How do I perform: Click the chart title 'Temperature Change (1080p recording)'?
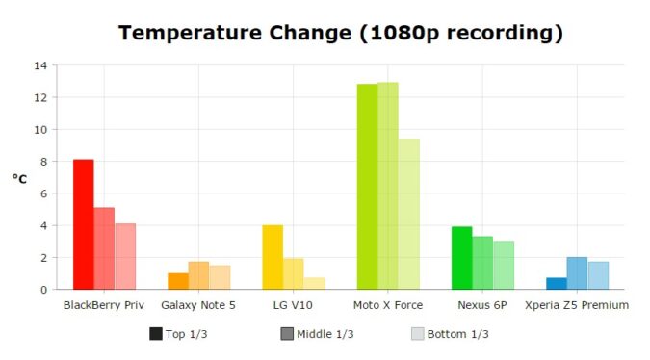[340, 33]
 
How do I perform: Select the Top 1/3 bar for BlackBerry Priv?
[84, 224]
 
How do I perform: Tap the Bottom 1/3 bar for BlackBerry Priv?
[125, 256]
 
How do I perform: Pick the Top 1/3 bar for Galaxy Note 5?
[178, 281]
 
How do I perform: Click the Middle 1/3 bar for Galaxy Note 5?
[198, 275]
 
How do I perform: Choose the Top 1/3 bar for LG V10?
[273, 257]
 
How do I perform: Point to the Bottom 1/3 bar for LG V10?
[314, 283]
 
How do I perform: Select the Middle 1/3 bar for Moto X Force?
[388, 186]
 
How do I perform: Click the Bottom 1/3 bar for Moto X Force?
[409, 214]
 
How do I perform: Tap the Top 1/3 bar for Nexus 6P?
[462, 258]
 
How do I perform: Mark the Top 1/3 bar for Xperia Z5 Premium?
[557, 283]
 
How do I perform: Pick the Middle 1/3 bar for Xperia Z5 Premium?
[577, 273]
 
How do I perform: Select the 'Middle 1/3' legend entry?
[317, 334]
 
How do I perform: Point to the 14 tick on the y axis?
[39, 65]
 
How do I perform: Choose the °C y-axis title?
[20, 178]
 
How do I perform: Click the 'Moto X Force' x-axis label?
[388, 305]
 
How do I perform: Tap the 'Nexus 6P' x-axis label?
[482, 305]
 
